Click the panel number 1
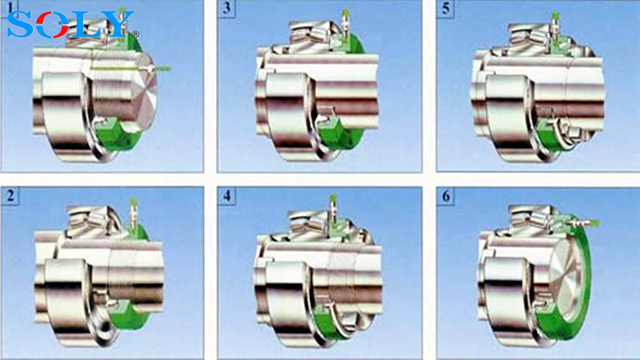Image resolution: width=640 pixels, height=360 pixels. click(x=10, y=7)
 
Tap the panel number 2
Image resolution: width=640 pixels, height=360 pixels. click(x=10, y=195)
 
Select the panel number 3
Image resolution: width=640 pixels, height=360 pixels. click(x=227, y=8)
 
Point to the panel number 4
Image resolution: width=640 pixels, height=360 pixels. click(x=227, y=196)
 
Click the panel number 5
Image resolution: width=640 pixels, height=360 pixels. click(x=446, y=8)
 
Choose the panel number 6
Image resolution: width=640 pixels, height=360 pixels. click(x=446, y=196)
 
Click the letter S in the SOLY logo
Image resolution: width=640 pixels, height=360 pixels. click(x=22, y=24)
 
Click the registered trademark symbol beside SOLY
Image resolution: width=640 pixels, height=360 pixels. click(x=136, y=34)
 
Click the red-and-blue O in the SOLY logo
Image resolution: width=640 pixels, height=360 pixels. click(x=53, y=24)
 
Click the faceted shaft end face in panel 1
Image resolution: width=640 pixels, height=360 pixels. click(x=144, y=90)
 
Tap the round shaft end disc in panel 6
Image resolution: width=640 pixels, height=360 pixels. click(x=567, y=277)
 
